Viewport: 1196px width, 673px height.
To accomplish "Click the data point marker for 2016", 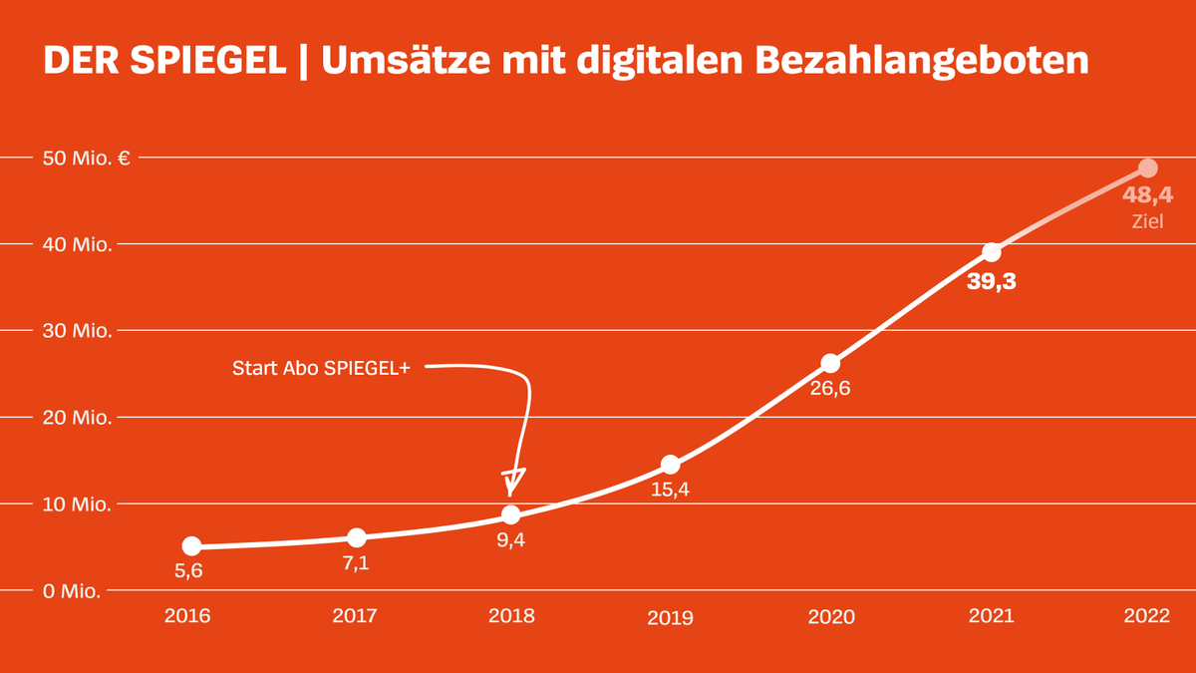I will pos(192,546).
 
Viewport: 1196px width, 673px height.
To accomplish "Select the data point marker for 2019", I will pos(671,465).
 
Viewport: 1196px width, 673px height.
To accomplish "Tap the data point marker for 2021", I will pos(991,252).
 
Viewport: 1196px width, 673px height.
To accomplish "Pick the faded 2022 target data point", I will pos(1148,168).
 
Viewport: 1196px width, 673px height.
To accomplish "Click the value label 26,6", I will pos(829,388).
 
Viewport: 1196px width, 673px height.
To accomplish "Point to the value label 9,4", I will pos(510,541).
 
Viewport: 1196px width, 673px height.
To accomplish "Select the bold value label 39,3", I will pos(991,281).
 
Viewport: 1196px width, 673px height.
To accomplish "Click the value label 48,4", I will pos(1147,195).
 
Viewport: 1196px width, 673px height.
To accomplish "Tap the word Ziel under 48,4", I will pos(1147,222).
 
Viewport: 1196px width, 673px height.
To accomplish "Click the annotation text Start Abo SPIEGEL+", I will pos(320,368).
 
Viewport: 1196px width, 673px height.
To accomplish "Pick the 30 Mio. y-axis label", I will pos(77,330).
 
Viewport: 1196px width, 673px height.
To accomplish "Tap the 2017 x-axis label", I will pos(355,615).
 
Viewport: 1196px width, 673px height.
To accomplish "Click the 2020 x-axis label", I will pos(831,616).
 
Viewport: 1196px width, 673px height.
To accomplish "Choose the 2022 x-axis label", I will pos(1146,615).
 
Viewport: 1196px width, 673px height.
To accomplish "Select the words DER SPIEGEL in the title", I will pos(164,61).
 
